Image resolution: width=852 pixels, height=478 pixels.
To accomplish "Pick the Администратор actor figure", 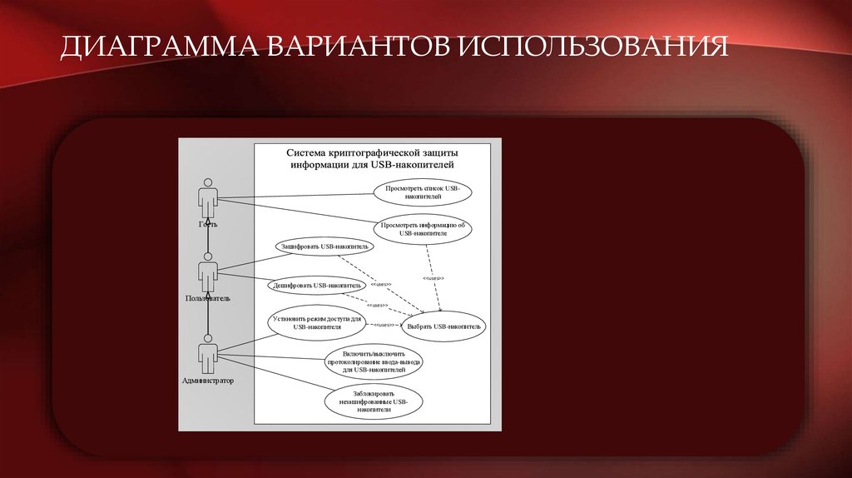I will pyautogui.click(x=208, y=353).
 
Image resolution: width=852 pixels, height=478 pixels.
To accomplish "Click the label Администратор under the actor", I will pyautogui.click(x=208, y=381).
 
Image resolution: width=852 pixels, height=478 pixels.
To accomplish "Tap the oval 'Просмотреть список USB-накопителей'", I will pyautogui.click(x=423, y=193).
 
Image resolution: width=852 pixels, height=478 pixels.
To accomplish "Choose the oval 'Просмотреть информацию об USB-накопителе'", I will pyautogui.click(x=423, y=229).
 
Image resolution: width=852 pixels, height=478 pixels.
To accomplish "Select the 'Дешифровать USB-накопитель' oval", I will pyautogui.click(x=317, y=285).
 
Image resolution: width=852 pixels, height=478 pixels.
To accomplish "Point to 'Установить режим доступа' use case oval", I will pyautogui.click(x=315, y=323).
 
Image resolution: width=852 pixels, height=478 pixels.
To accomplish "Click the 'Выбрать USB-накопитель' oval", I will pyautogui.click(x=443, y=326).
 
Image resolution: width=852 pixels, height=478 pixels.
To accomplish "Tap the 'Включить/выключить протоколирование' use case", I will pyautogui.click(x=375, y=363).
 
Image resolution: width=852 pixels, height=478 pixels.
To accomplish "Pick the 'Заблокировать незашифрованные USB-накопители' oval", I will pyautogui.click(x=374, y=401).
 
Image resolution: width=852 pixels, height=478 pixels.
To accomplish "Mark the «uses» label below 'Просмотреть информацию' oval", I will pyautogui.click(x=433, y=277).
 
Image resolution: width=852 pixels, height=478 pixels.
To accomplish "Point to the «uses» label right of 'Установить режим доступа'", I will pyautogui.click(x=383, y=324).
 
